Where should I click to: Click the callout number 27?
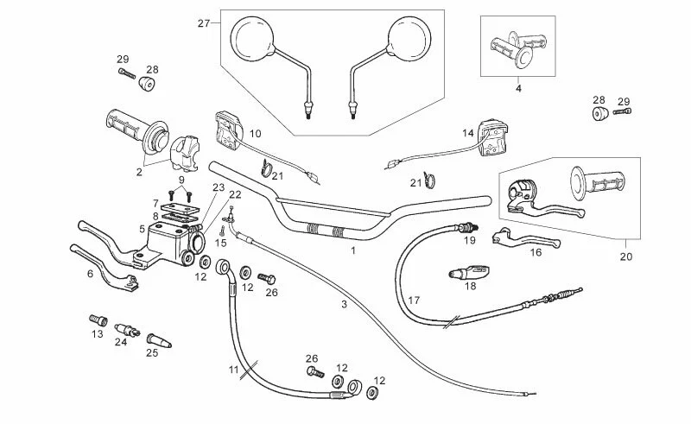tap(204, 22)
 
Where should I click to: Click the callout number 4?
tap(518, 88)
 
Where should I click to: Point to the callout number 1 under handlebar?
tap(353, 250)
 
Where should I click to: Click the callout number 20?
tap(626, 256)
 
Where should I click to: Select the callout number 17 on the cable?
tap(414, 300)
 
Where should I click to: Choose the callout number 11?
tap(232, 369)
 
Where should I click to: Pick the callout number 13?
tap(98, 333)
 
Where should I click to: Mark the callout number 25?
tap(151, 351)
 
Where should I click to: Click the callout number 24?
tap(121, 342)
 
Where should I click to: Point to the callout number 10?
tap(255, 134)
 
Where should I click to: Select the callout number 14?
tap(467, 134)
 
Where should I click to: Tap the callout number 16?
tap(536, 253)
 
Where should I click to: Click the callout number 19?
tap(470, 242)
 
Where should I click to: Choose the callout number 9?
tap(181, 179)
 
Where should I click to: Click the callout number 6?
tap(89, 273)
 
